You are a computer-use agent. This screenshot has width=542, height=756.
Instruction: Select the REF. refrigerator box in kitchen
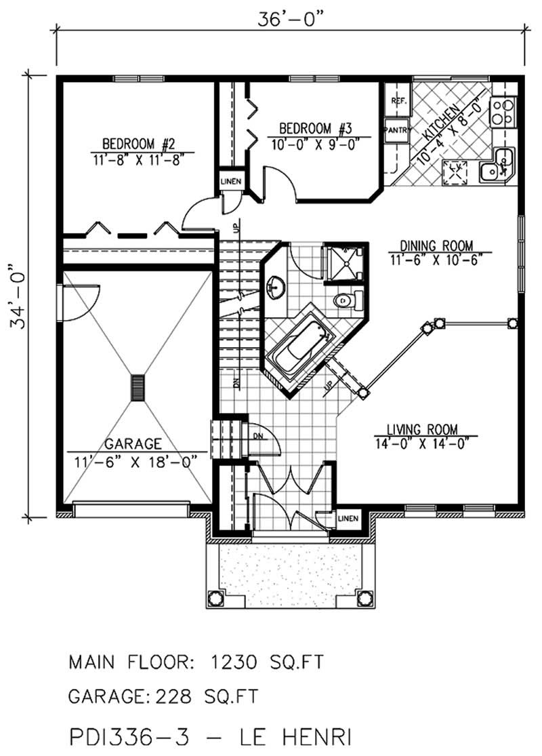pos(398,102)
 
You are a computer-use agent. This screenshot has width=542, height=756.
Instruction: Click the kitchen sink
pos(497,166)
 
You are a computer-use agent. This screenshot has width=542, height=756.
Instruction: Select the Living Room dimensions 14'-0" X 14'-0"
pos(421,445)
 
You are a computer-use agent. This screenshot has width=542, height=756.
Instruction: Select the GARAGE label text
pos(133,444)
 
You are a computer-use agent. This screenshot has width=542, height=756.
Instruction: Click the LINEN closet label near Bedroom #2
pos(228,182)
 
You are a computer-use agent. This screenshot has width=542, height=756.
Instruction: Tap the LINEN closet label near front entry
pos(347,518)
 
